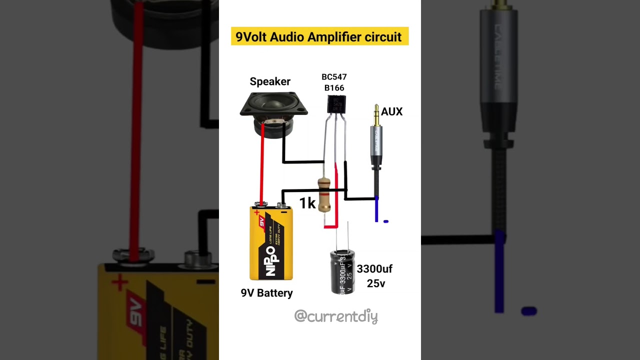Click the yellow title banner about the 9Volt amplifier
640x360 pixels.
point(319,36)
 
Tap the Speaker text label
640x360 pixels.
point(270,81)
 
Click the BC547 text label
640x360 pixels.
point(334,77)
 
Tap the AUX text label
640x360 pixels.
point(391,112)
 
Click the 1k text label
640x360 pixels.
point(307,203)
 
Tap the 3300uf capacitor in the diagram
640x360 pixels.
point(342,271)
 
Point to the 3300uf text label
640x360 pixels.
point(374,269)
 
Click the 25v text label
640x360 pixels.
point(376,283)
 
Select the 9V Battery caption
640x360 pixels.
point(266,293)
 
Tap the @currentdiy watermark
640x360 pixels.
point(335,316)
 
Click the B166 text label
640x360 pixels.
point(334,88)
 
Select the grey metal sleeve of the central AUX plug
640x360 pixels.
point(376,145)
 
